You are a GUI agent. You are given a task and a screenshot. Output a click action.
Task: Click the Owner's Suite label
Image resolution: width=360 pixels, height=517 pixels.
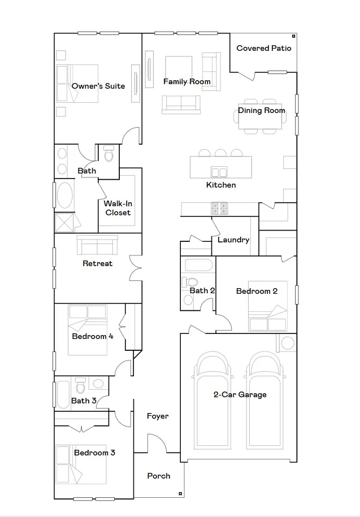(98, 86)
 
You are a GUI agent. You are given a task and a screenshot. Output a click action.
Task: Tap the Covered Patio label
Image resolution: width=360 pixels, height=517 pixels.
(264, 48)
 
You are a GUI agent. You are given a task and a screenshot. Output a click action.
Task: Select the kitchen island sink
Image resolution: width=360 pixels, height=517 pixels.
(219, 172)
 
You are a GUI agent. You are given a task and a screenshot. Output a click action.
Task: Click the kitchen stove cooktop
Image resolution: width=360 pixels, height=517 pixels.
(219, 208)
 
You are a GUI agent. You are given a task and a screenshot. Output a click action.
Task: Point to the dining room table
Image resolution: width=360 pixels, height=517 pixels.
(260, 116)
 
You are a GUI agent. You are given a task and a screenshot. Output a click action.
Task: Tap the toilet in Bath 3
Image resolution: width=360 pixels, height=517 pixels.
(80, 386)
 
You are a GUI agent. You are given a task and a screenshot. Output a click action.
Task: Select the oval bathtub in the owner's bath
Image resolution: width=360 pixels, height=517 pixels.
(64, 195)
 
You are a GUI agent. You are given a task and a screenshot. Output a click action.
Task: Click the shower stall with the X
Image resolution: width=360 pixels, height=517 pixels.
(64, 223)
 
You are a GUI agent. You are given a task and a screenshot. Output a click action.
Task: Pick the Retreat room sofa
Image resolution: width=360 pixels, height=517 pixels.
(97, 245)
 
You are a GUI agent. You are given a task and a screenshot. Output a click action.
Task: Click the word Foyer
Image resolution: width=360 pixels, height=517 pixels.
(158, 416)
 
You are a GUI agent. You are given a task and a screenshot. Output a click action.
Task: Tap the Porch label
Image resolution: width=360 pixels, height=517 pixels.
(159, 476)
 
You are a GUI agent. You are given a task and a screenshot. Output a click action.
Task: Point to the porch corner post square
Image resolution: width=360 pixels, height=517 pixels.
(180, 494)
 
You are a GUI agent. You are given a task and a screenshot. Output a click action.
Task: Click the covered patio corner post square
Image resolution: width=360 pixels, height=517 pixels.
(293, 36)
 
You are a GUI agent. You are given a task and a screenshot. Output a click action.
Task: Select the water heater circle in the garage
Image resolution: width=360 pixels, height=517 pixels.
(288, 343)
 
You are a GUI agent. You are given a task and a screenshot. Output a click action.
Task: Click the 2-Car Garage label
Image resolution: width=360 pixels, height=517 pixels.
(240, 395)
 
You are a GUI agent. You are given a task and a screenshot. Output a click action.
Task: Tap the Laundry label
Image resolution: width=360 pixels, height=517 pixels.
(233, 240)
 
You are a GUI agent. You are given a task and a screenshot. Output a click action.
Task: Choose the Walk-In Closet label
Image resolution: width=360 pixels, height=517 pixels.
(118, 208)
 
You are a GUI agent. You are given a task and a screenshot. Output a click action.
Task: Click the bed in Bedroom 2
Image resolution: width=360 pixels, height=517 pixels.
(267, 306)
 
